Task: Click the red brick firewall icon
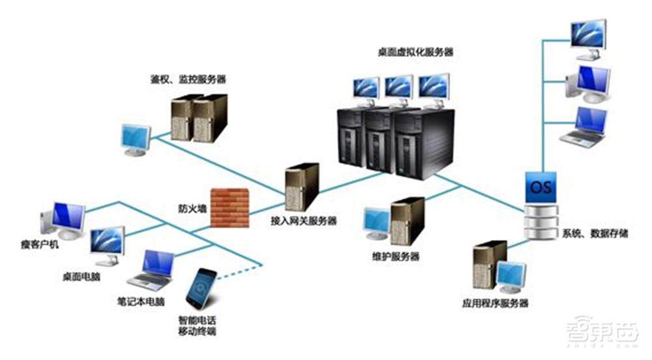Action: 230,207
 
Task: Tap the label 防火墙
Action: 191,209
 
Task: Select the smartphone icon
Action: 201,288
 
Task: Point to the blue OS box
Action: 542,187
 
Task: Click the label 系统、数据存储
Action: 594,233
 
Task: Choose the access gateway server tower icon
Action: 302,187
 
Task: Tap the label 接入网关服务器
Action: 304,221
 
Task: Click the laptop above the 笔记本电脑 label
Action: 151,269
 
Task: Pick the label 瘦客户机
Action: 38,245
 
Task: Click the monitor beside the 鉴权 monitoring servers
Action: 136,140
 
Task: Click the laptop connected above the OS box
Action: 585,127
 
